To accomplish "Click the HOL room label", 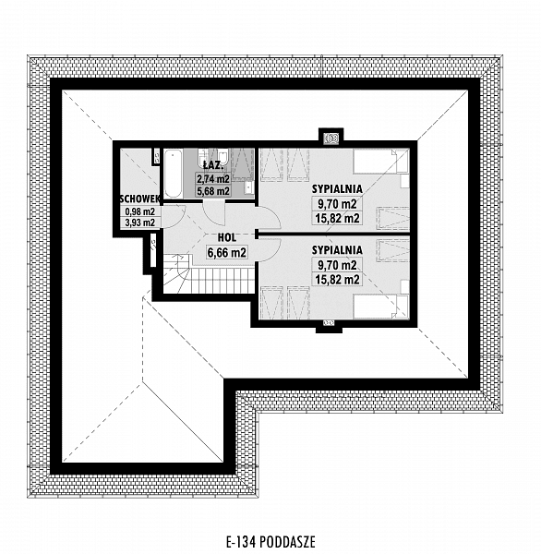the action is tap(227, 238).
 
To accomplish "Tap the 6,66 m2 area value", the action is tap(227, 253).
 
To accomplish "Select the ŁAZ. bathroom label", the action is tap(213, 165).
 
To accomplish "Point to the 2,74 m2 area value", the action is tap(213, 179).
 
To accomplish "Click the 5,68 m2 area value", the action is tap(213, 191).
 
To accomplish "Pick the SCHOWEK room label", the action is tap(140, 199).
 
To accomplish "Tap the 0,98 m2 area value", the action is tap(140, 211).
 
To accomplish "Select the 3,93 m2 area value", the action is tap(140, 223).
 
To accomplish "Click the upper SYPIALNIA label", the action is tap(337, 189).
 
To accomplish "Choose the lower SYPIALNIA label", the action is tap(337, 250).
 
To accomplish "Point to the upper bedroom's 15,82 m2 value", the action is tap(337, 218).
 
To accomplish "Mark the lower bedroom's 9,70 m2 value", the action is tap(337, 265).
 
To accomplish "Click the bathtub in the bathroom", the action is tap(173, 174).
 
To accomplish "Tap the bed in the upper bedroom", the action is tap(381, 162).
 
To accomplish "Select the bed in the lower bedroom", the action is tap(381, 306).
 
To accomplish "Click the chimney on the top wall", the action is tap(331, 137).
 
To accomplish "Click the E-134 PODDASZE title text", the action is tap(270, 541).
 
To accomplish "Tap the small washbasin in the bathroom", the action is tap(249, 187).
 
